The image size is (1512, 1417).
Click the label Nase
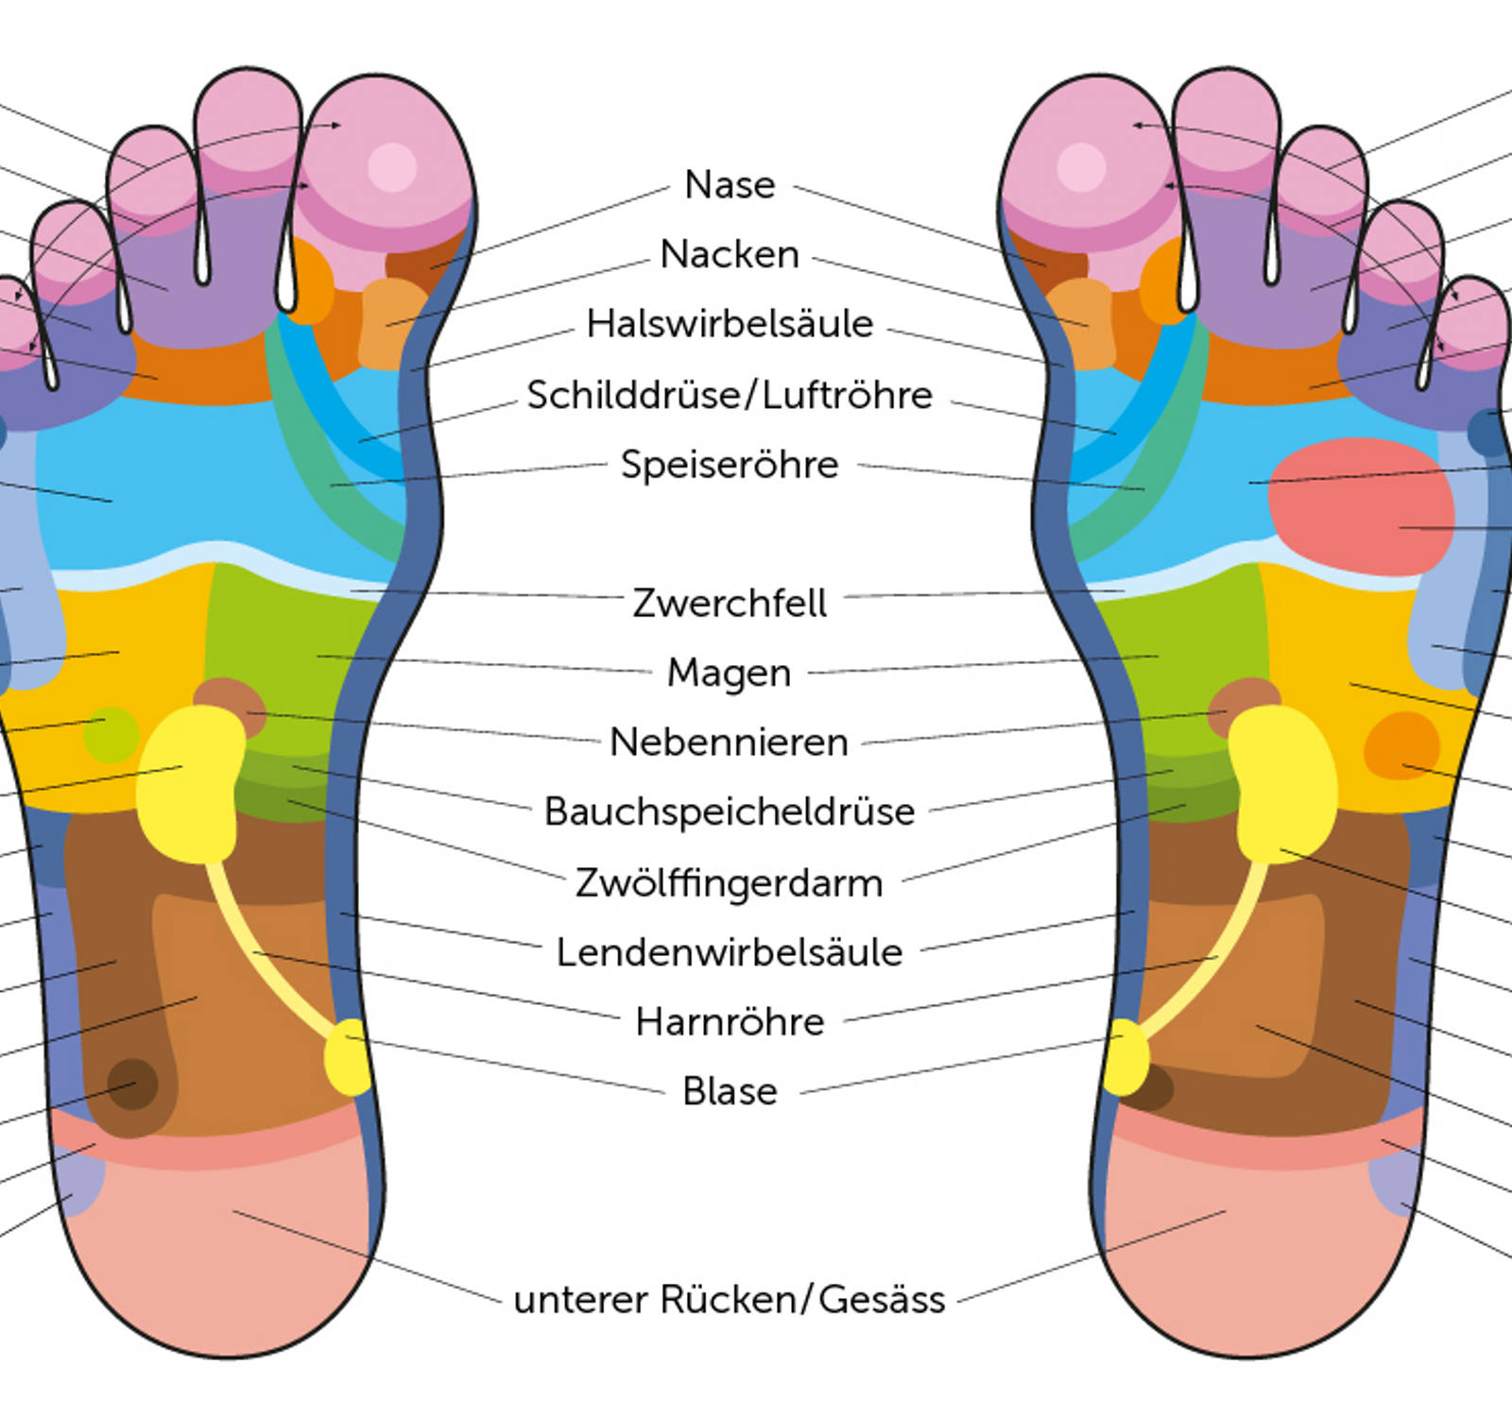(x=730, y=185)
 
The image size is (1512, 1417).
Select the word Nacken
(x=730, y=255)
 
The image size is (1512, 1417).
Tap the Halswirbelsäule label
(x=730, y=324)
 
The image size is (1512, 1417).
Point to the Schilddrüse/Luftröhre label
(x=730, y=395)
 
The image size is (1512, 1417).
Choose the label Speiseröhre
(x=730, y=465)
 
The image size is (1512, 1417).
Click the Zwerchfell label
(x=730, y=603)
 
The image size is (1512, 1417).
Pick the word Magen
(x=730, y=673)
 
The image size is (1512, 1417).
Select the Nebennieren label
(x=730, y=743)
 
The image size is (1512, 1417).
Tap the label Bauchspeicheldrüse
(x=730, y=812)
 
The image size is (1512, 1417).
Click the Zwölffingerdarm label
(x=730, y=883)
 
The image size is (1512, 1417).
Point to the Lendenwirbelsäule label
(x=730, y=952)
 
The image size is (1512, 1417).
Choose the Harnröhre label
(x=730, y=1022)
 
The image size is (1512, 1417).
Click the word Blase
(x=730, y=1092)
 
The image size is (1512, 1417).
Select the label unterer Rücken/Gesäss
(x=730, y=1300)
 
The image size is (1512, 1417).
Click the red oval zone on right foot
(x=1361, y=505)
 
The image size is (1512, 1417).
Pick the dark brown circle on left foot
(x=132, y=1084)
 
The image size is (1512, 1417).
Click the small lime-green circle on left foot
(x=111, y=734)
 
